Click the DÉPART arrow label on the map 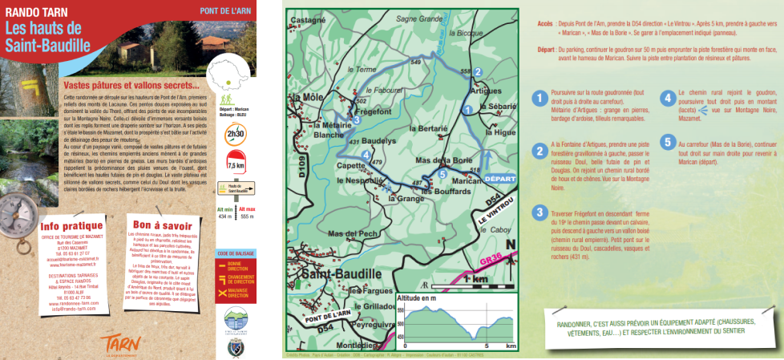click(500, 180)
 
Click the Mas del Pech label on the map click(346, 233)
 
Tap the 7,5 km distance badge click(236, 164)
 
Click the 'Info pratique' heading click(72, 226)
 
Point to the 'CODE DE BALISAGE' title click(235, 253)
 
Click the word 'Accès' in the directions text click(547, 24)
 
